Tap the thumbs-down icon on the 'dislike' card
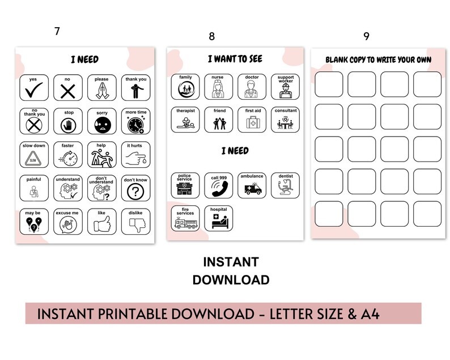click(x=135, y=225)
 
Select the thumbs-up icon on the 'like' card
click(x=102, y=225)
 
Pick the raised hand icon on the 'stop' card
click(x=69, y=124)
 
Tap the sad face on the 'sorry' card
click(x=102, y=124)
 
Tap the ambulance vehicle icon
click(x=252, y=189)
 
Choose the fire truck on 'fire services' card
click(x=185, y=222)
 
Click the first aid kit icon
click(x=252, y=123)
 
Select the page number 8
click(x=212, y=37)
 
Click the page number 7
click(x=57, y=32)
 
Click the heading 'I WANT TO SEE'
click(x=234, y=58)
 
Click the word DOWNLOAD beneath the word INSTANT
click(x=231, y=279)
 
